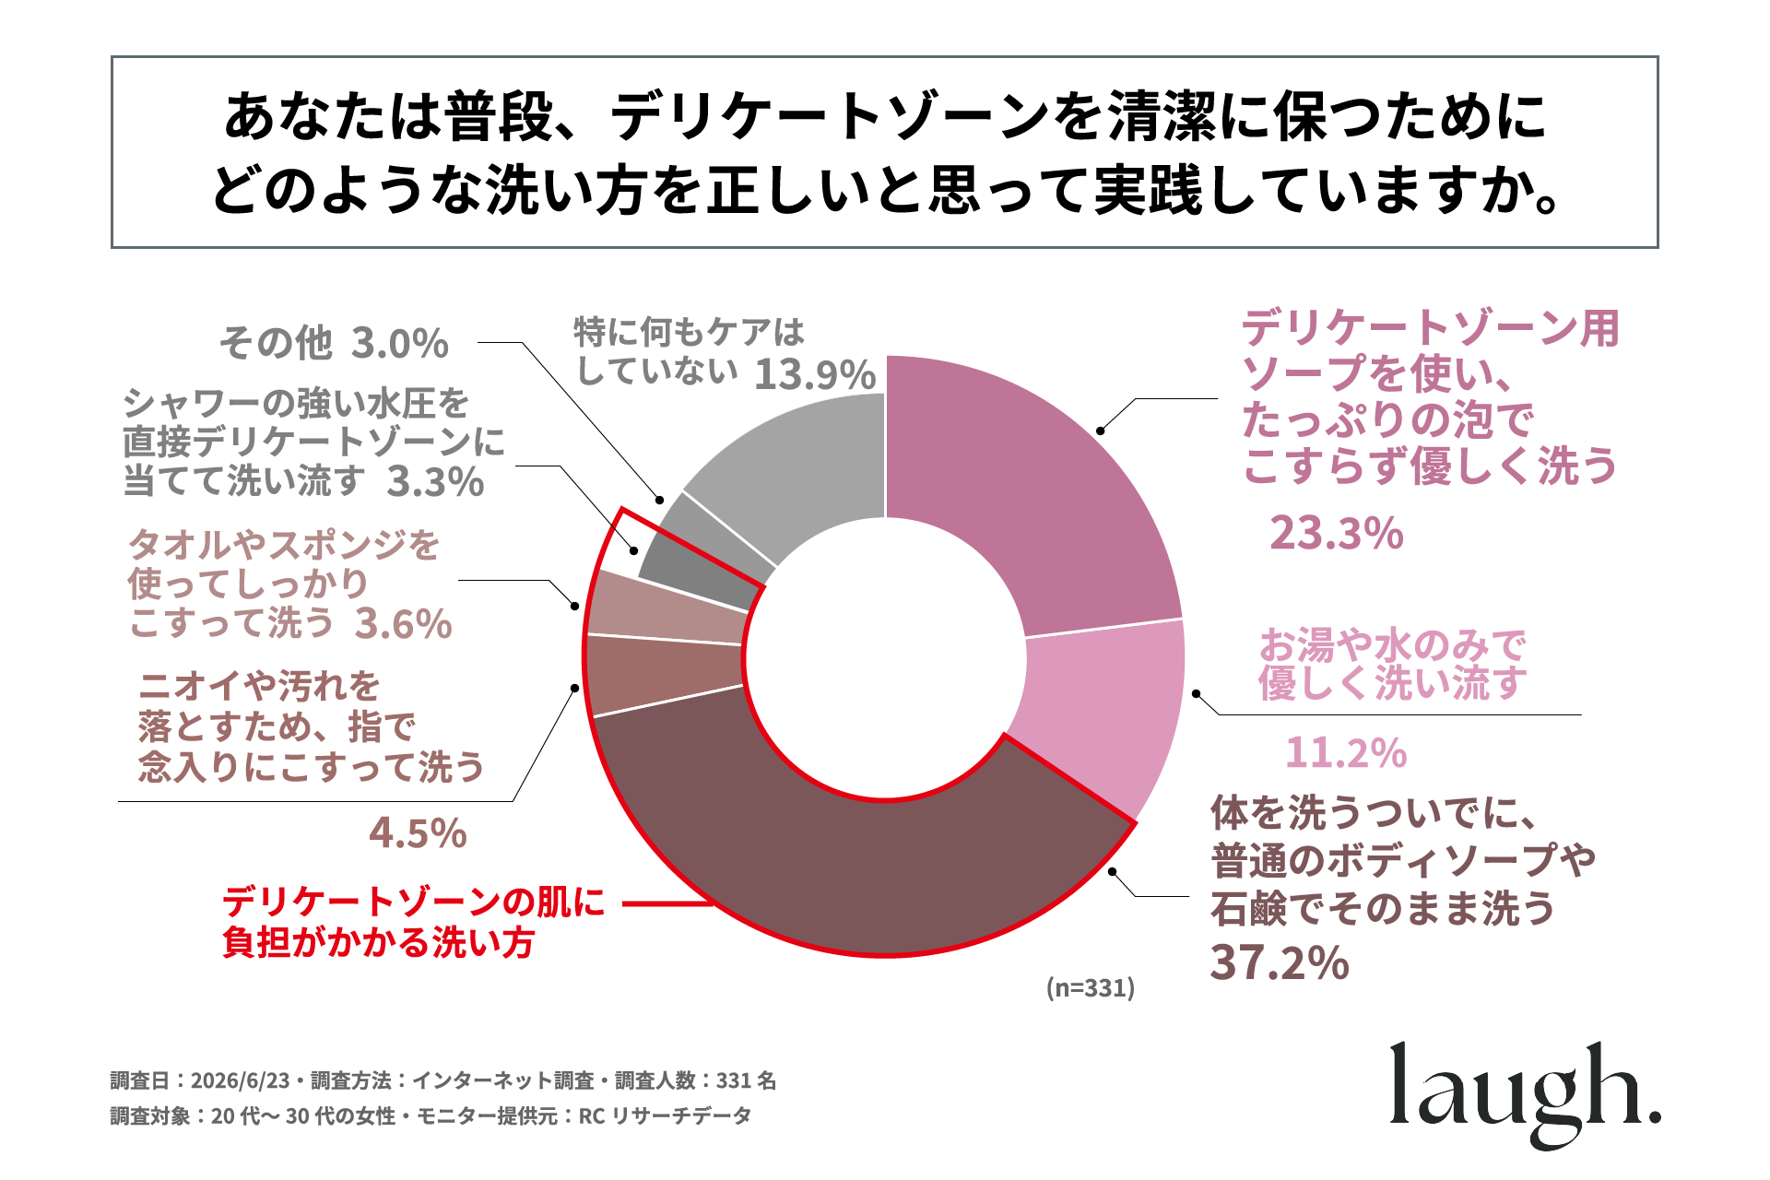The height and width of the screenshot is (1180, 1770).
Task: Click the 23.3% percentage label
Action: [x=1337, y=533]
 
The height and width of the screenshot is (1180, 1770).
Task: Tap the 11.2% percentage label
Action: [x=1346, y=752]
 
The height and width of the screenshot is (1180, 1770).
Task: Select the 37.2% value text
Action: [x=1280, y=962]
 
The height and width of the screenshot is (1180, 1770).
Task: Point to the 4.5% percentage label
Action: [x=418, y=833]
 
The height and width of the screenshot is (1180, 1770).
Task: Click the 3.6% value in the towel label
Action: [x=404, y=624]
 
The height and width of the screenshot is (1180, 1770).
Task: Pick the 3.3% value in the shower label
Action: [x=435, y=481]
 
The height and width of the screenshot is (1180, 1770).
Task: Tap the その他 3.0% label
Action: [x=334, y=343]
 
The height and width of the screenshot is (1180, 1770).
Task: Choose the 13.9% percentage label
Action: [x=815, y=374]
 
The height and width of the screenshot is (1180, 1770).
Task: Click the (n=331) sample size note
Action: [x=1091, y=988]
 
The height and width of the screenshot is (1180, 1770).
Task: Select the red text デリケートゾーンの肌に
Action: [x=414, y=901]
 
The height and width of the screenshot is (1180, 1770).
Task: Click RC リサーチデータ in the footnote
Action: [x=665, y=1116]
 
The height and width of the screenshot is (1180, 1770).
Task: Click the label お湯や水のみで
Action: [x=1393, y=644]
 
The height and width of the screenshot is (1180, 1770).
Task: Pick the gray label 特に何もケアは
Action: [x=690, y=331]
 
